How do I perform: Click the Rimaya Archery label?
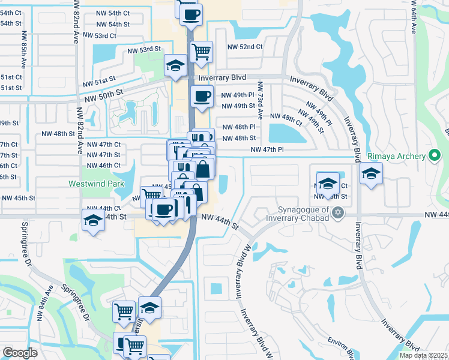397,155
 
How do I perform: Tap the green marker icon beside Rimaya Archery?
436,155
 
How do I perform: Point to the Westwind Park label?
92,183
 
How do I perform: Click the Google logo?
20,353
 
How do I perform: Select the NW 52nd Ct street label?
245,47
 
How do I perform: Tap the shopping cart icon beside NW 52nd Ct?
202,51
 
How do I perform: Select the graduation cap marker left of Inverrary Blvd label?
175,65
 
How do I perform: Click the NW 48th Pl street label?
239,127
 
